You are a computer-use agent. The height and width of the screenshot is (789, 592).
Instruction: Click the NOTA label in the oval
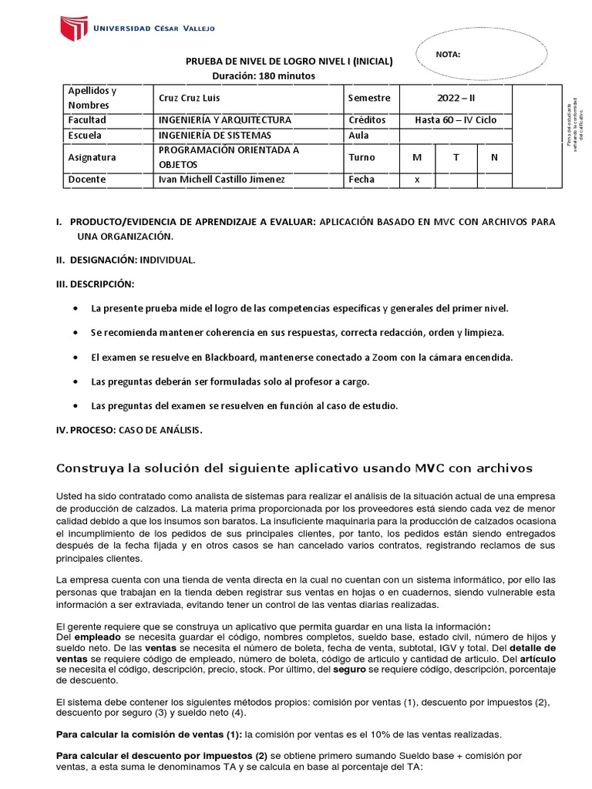[x=448, y=55]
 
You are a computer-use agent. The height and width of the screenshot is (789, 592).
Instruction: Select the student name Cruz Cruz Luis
[x=190, y=98]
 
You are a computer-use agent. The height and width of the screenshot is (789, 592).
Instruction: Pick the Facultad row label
[x=87, y=120]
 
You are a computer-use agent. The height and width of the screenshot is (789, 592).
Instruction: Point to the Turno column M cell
[x=417, y=157]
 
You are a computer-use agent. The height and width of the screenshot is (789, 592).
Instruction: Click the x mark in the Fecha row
[x=417, y=180]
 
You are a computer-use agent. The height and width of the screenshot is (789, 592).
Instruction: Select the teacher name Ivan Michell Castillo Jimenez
[x=220, y=180]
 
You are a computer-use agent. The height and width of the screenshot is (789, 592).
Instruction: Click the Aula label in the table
[x=358, y=135]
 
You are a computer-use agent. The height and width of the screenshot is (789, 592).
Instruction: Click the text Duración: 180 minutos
[x=264, y=75]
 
